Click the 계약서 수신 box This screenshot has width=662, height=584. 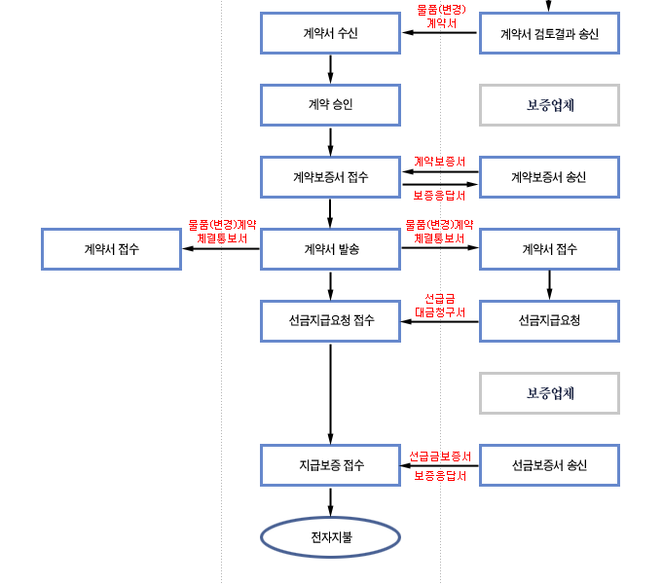331,34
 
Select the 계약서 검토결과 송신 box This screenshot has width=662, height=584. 549,34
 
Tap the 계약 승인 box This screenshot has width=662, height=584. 331,105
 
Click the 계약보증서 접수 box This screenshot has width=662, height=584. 331,177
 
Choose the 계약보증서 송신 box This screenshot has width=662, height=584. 549,177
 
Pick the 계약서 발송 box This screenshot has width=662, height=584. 331,249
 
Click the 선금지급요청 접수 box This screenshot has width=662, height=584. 331,321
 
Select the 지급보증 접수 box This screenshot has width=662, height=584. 331,464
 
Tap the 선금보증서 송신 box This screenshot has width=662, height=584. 549,464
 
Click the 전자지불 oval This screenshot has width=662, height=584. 331,537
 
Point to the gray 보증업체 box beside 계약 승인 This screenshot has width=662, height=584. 549,105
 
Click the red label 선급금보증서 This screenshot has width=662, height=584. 440,456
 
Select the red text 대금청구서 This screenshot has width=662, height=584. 440,312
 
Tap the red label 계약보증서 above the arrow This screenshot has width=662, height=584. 440,161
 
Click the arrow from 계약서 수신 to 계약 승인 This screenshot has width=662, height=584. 331,69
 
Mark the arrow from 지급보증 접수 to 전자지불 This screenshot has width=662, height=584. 331,500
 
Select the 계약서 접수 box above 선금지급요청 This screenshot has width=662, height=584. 549,249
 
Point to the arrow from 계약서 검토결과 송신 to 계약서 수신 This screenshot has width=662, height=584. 440,34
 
